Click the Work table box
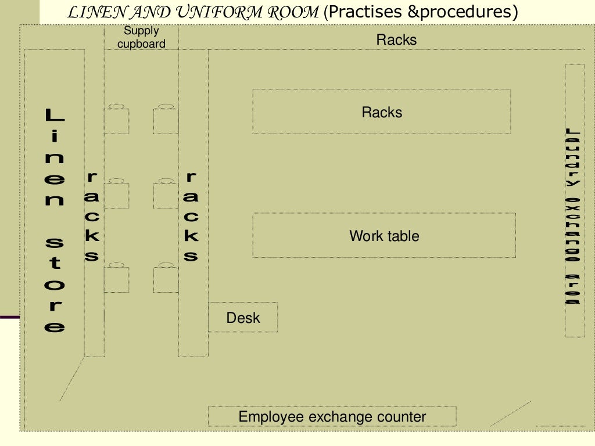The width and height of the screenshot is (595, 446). tap(384, 235)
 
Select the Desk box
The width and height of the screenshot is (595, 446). tap(243, 317)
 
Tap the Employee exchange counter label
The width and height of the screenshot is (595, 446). tap(332, 416)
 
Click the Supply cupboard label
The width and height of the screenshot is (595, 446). tap(141, 38)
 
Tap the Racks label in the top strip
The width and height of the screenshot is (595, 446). tap(396, 39)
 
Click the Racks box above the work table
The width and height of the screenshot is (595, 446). tap(382, 111)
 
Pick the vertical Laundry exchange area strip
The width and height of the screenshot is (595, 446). tap(574, 200)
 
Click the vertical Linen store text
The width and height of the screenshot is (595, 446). tap(55, 221)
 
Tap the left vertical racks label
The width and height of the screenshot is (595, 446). tap(92, 216)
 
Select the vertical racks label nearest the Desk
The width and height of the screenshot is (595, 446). tap(191, 216)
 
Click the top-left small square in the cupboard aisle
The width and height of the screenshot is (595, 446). tap(117, 120)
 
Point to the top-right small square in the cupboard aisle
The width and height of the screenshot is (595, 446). tap(166, 120)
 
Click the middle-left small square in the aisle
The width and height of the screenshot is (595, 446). tap(117, 195)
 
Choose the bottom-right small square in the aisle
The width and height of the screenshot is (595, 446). tap(166, 279)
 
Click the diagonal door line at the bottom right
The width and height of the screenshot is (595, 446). tap(510, 413)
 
